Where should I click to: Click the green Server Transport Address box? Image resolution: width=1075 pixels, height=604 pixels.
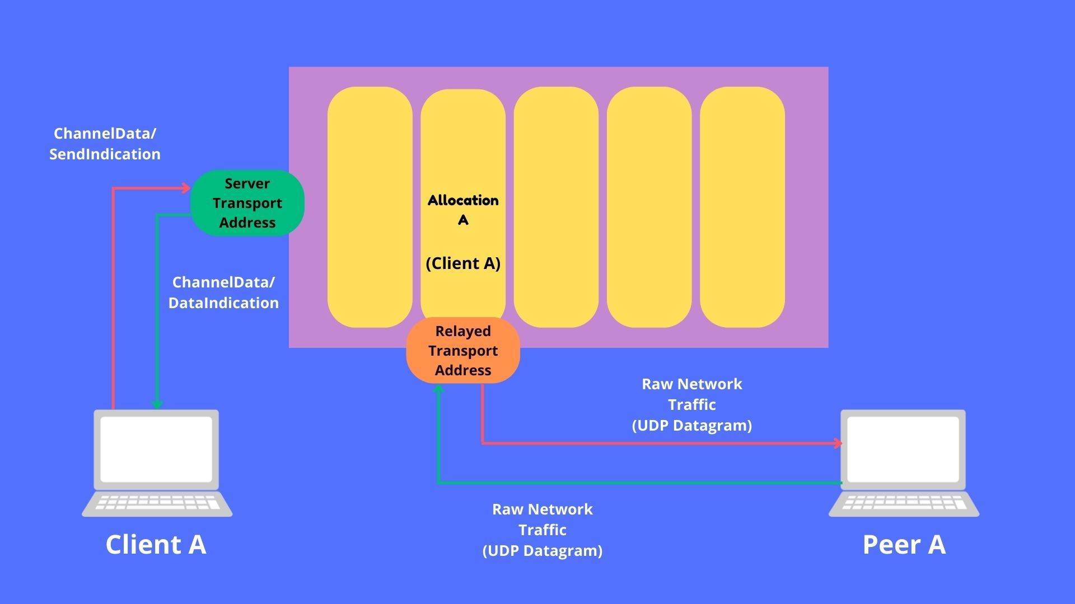(x=247, y=203)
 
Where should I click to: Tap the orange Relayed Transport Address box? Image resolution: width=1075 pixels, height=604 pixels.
(x=463, y=351)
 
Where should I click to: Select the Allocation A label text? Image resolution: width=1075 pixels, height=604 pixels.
(x=463, y=210)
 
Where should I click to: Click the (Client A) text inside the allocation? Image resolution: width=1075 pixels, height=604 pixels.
(x=463, y=263)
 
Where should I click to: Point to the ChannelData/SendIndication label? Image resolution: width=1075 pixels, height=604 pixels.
(x=105, y=144)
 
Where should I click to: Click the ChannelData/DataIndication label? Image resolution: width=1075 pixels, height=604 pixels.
(x=223, y=292)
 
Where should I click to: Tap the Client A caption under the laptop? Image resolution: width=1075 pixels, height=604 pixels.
(x=156, y=544)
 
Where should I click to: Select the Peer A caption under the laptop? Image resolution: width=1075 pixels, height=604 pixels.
(x=904, y=544)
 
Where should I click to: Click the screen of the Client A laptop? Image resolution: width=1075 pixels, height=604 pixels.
(x=156, y=449)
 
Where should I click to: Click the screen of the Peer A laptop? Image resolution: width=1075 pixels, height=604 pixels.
(x=903, y=449)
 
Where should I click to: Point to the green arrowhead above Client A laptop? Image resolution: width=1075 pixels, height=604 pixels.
(x=157, y=404)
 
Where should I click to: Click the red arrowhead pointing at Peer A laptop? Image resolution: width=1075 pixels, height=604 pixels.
(x=838, y=443)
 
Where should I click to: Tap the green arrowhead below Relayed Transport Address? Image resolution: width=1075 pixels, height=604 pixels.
(x=439, y=389)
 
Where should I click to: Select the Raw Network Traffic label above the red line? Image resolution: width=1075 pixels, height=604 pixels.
(x=692, y=404)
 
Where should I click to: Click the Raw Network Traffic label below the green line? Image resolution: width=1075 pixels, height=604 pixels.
(x=543, y=530)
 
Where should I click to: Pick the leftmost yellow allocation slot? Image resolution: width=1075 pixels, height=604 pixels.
(x=370, y=207)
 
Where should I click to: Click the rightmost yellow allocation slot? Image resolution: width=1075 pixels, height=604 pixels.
(x=742, y=207)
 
